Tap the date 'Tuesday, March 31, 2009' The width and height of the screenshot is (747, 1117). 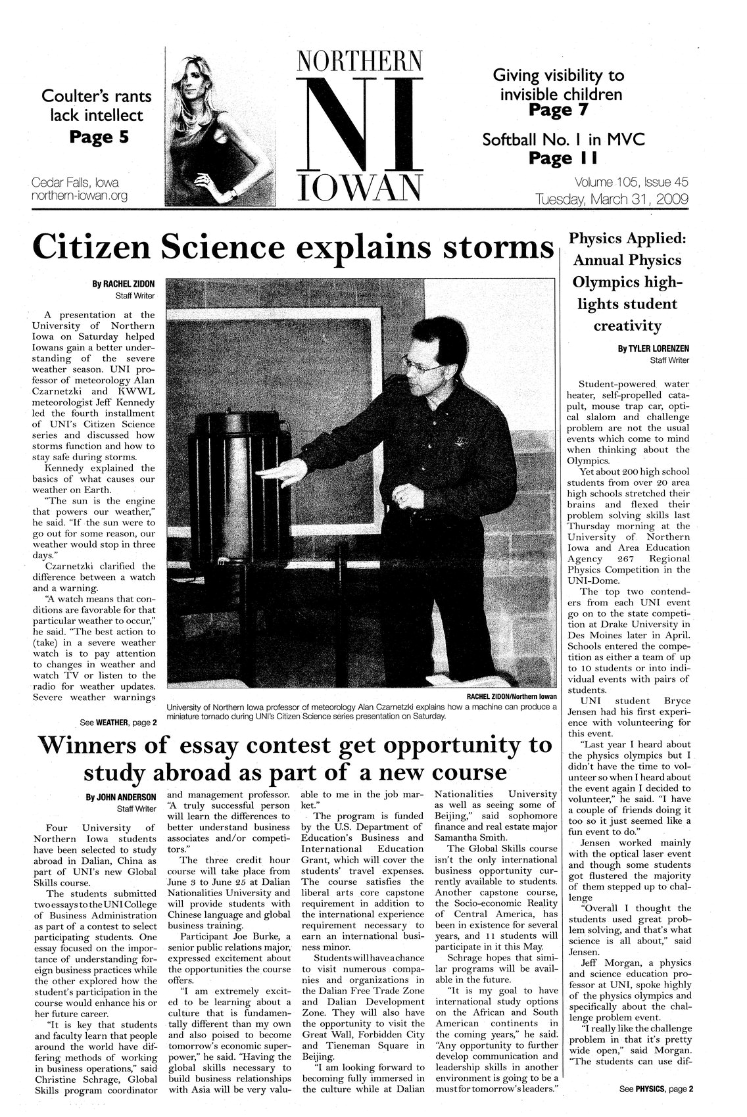(612, 198)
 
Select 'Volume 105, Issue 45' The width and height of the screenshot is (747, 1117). (631, 182)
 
